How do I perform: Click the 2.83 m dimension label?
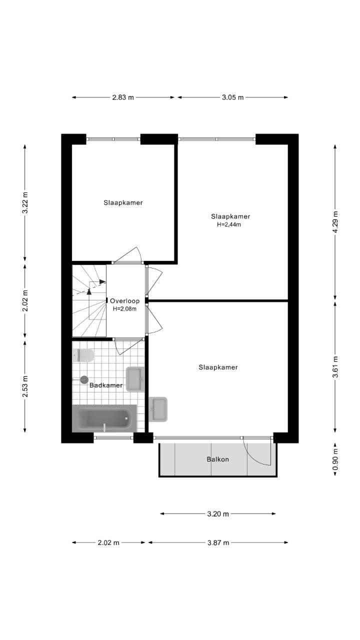coord(123,97)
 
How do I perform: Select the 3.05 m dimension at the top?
coord(232,97)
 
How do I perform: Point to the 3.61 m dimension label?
coord(335,366)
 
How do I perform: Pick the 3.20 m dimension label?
coord(218,513)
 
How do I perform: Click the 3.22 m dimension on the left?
coord(25,203)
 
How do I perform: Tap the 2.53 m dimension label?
coord(25,386)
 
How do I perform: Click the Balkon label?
coord(217,459)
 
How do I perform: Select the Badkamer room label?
coord(106,385)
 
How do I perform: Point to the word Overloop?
coord(125,301)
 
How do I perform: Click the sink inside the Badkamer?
coord(135,378)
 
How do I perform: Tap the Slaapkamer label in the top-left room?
coord(123,202)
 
